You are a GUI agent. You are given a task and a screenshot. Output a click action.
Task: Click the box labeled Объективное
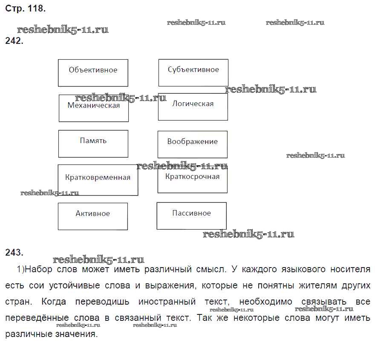point(93,73)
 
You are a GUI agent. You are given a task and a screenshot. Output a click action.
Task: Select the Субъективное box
point(193,73)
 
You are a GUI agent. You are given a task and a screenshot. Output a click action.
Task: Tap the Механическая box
point(93,108)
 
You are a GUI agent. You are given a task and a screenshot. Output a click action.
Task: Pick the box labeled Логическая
point(193,107)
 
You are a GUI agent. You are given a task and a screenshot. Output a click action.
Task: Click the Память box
point(93,144)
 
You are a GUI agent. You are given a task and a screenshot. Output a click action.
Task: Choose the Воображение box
point(192,144)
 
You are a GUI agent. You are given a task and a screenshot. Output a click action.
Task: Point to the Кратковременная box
point(98,180)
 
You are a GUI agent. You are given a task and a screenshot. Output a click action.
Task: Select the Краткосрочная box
point(192,179)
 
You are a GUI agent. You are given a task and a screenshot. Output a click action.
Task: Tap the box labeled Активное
point(92,216)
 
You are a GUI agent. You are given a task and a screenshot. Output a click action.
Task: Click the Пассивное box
point(191,216)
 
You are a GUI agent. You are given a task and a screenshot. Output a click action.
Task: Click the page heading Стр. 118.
point(25,8)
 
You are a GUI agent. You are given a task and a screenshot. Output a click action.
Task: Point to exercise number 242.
point(14,41)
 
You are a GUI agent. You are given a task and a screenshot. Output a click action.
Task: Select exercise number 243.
point(14,253)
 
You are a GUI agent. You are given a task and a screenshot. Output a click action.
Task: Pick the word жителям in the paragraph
point(304,285)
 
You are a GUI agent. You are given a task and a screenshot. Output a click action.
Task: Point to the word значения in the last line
point(73,334)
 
